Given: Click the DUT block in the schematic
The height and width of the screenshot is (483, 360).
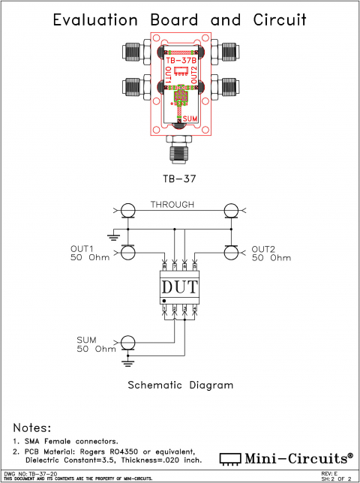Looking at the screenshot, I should click(180, 286).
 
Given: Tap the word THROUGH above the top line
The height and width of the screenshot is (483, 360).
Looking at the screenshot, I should click(172, 204).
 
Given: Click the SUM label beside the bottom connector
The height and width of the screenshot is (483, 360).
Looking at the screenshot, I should click(88, 339).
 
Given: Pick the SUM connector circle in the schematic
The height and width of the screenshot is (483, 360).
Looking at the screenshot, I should click(128, 343).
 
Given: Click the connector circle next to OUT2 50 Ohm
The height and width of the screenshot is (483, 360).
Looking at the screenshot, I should click(232, 253).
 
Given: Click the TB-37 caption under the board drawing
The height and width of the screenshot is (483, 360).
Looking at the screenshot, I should click(180, 179).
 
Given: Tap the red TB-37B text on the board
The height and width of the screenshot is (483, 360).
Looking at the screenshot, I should click(181, 61).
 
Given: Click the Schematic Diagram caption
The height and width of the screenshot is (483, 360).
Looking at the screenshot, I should click(180, 385).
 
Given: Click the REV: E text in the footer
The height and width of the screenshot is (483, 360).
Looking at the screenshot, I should click(329, 474).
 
